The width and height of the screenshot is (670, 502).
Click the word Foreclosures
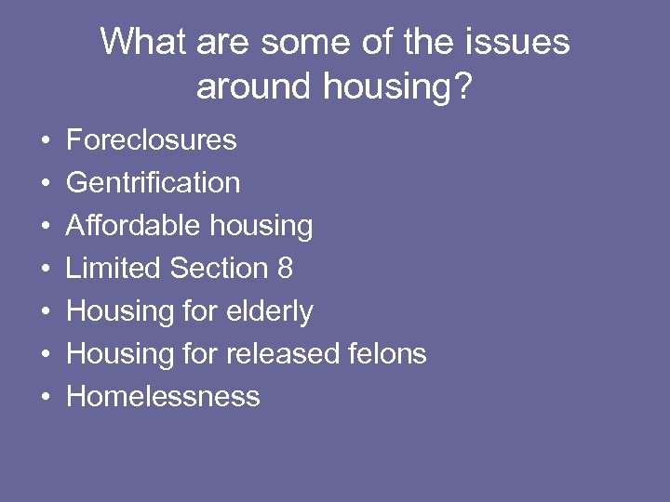pos(152,140)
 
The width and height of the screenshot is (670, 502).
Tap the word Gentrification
pos(154,183)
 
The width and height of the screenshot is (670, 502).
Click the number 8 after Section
pos(285,269)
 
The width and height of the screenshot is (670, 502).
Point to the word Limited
pos(114,269)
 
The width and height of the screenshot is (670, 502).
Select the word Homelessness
pos(163,397)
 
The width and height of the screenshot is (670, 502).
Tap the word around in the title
pos(255,86)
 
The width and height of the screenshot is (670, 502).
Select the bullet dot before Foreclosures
pos(45,141)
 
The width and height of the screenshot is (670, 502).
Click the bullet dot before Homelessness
pos(45,398)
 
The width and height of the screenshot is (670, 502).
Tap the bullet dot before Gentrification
pos(45,184)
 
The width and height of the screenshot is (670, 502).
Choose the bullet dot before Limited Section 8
pos(45,270)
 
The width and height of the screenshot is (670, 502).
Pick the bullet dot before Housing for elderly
pos(45,312)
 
